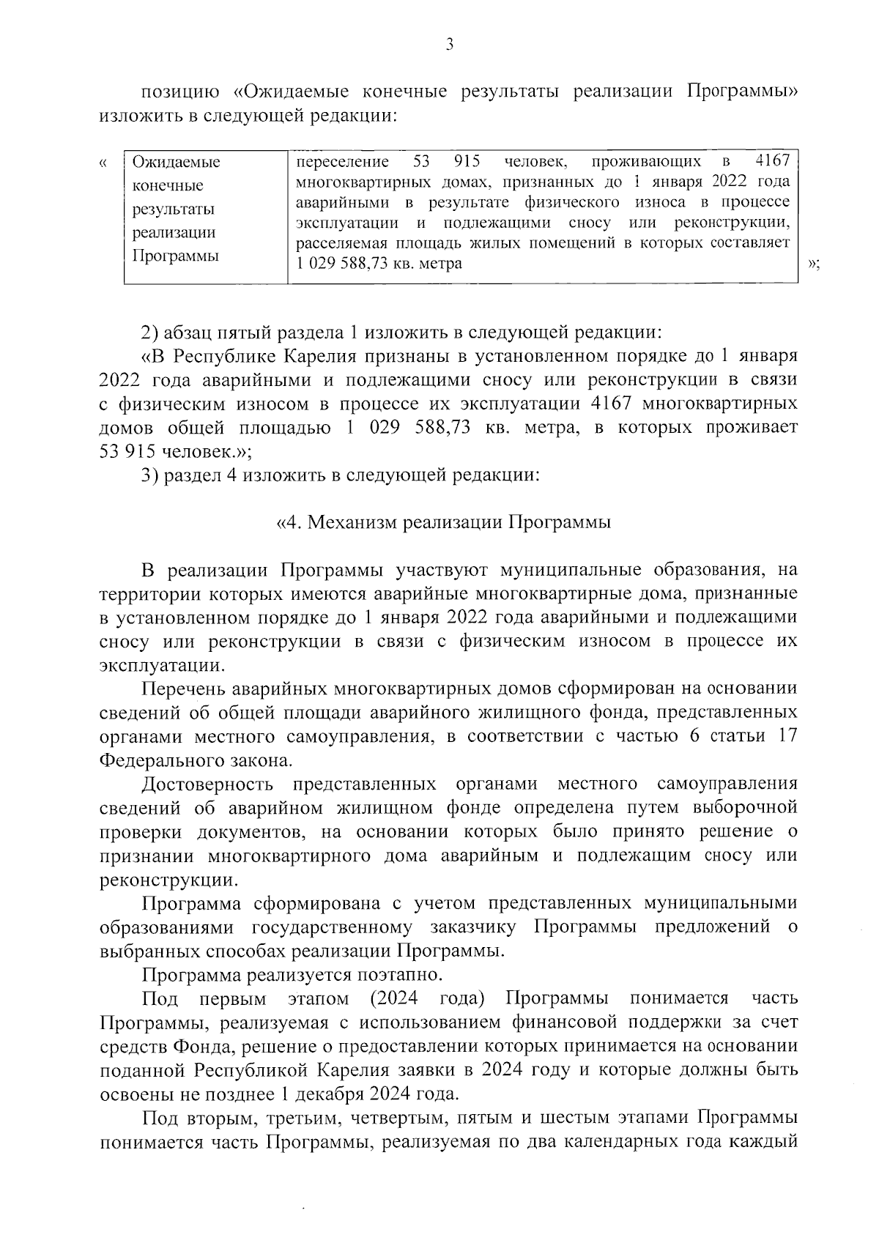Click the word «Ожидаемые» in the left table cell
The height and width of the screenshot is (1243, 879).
pyautogui.click(x=176, y=162)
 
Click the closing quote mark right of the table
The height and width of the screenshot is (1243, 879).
pyautogui.click(x=812, y=264)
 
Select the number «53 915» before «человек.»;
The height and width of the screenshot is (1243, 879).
pyautogui.click(x=125, y=451)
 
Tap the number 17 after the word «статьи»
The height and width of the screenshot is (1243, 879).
pyautogui.click(x=787, y=736)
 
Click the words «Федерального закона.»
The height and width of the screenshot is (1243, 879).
pyautogui.click(x=189, y=760)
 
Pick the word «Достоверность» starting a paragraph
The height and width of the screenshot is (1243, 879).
pyautogui.click(x=208, y=784)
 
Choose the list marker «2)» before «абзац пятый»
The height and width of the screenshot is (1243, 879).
pyautogui.click(x=150, y=333)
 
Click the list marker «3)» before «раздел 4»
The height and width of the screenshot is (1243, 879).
pyautogui.click(x=150, y=475)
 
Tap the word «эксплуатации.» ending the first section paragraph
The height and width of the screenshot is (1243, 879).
pyautogui.click(x=163, y=665)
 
